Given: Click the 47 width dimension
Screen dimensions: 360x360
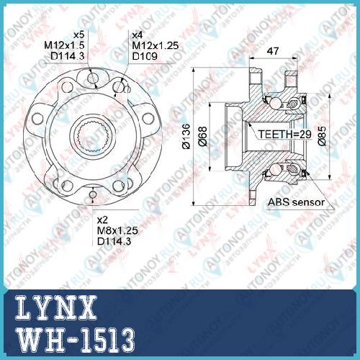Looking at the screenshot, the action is point(273,51).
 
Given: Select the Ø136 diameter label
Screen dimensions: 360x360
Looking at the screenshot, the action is point(186,137).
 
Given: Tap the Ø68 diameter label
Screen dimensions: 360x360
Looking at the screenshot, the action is point(202,136).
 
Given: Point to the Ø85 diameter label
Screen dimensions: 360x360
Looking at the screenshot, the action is point(322,136).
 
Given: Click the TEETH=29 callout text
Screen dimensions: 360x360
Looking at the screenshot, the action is point(284,134).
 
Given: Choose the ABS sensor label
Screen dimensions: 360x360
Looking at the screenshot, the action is point(296,202).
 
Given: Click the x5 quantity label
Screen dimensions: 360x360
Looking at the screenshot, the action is point(79,35).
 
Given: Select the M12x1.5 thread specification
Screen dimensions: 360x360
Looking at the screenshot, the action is point(64,45).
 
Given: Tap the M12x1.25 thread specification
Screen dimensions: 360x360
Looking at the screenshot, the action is point(156,45).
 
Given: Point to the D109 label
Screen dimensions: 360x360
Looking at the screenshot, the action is point(145,56).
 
